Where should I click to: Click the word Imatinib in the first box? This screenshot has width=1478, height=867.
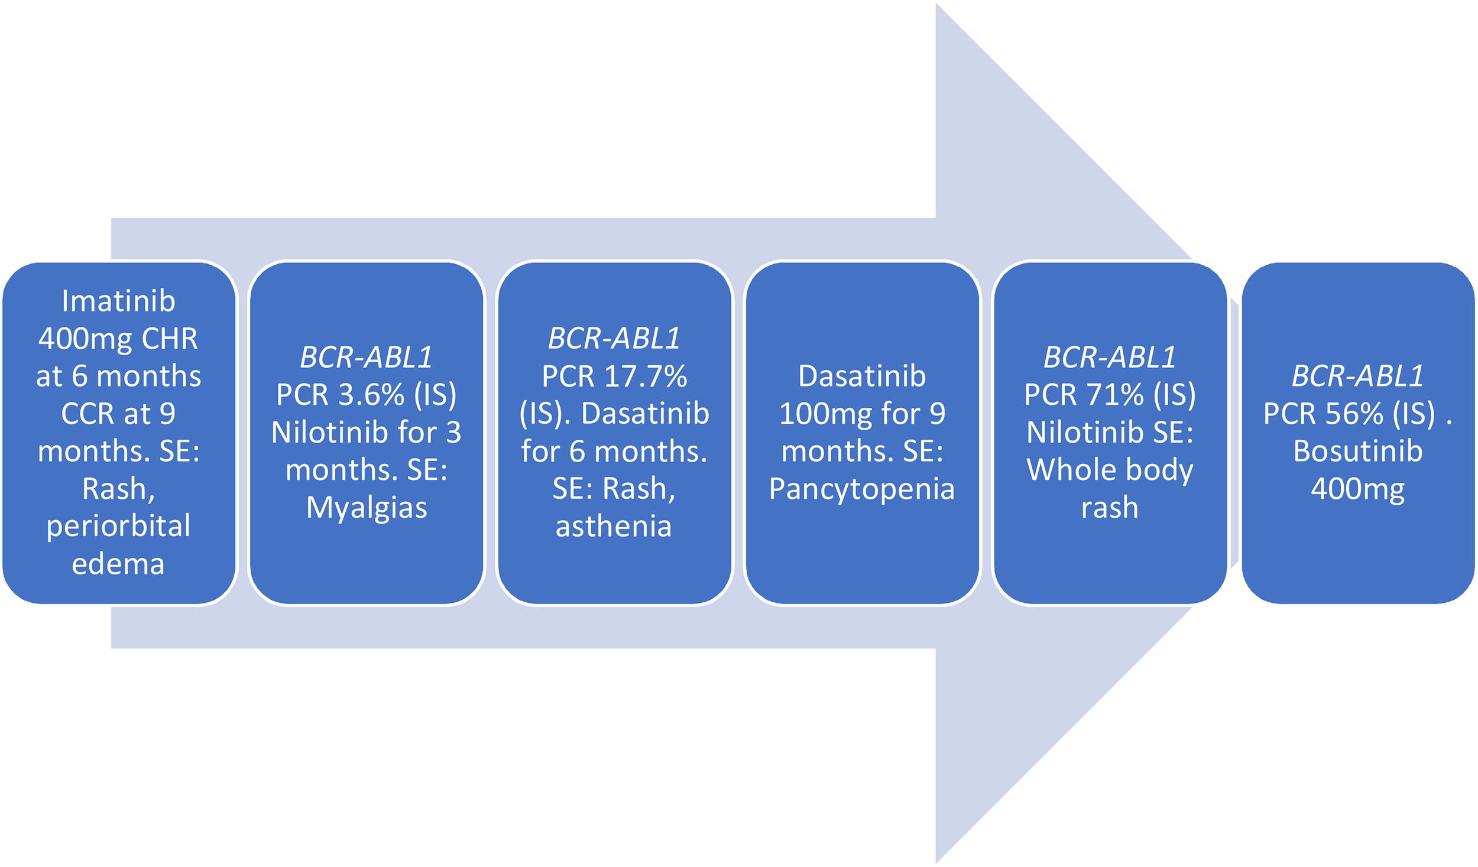tap(118, 301)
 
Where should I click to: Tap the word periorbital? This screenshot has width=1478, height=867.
tap(118, 525)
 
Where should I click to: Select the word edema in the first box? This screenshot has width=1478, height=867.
tap(118, 564)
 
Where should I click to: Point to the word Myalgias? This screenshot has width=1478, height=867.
tap(367, 508)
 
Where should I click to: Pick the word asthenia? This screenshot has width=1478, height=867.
tap(614, 526)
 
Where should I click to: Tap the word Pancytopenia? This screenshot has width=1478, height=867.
tap(862, 489)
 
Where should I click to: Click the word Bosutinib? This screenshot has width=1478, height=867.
tap(1358, 452)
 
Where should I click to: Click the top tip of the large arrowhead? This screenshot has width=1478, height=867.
tap(937, 5)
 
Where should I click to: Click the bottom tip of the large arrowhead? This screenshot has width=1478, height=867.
tap(937, 862)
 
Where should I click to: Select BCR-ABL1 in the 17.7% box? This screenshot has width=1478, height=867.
tap(614, 339)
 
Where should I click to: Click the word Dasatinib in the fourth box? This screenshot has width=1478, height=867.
tap(862, 376)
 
